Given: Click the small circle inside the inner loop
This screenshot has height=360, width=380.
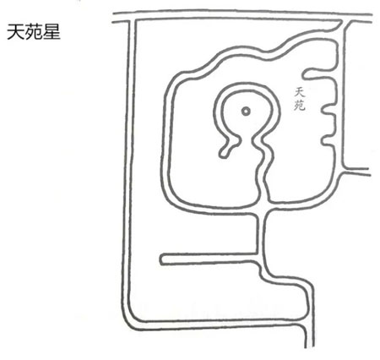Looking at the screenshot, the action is pyautogui.click(x=246, y=112).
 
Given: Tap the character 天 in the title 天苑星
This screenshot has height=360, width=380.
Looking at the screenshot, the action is pyautogui.click(x=15, y=32).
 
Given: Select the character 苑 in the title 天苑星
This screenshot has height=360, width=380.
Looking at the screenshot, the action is pyautogui.click(x=33, y=32).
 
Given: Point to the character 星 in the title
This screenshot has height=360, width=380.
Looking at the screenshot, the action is pyautogui.click(x=52, y=32).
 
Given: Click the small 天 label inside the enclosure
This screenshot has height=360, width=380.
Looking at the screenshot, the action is pyautogui.click(x=299, y=92).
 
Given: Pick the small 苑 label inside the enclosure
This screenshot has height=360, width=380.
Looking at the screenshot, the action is pyautogui.click(x=300, y=106).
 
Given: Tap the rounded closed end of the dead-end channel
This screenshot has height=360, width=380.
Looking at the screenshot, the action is pyautogui.click(x=163, y=259).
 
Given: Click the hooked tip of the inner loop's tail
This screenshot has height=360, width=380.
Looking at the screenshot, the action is pyautogui.click(x=224, y=154).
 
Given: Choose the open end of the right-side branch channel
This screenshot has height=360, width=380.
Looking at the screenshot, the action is pyautogui.click(x=369, y=172).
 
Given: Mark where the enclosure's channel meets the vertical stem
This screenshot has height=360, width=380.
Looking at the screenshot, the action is pyautogui.click(x=262, y=209).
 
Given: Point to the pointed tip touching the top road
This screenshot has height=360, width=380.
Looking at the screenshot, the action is pyautogui.click(x=340, y=21).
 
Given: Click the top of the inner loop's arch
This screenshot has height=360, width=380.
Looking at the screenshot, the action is pyautogui.click(x=246, y=87).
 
